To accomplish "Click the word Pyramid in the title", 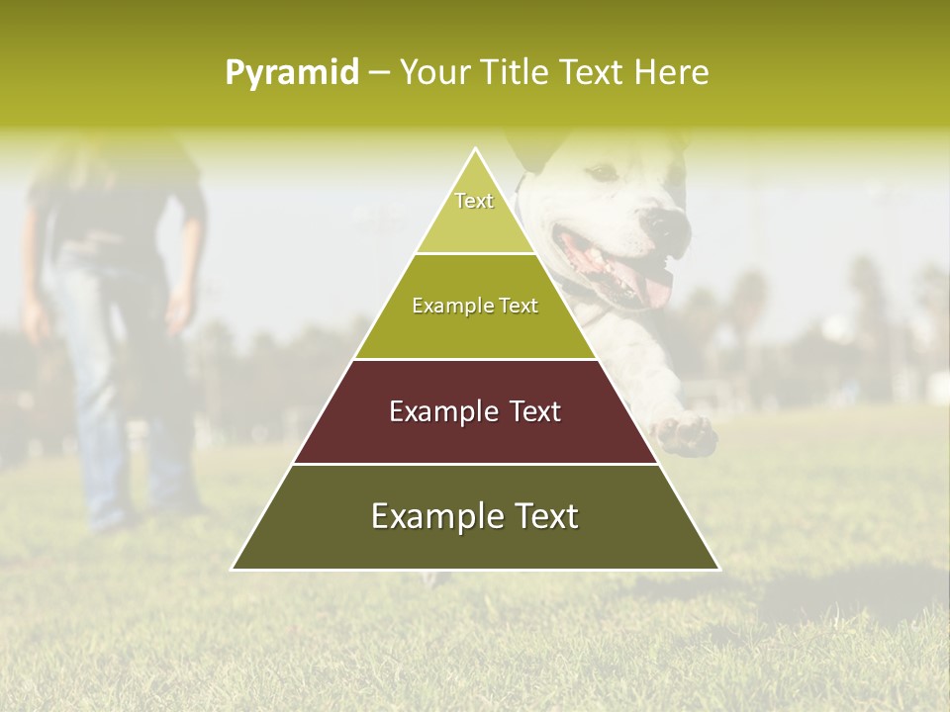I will tap(291, 73).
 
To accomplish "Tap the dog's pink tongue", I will tap(653, 287).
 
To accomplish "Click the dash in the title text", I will tap(379, 73).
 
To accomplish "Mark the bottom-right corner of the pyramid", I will tap(718, 569).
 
